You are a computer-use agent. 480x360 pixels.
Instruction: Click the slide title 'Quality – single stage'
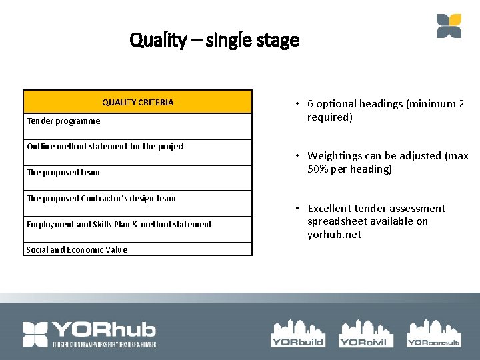coord(215,41)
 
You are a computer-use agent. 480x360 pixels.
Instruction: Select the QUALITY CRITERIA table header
coord(137,102)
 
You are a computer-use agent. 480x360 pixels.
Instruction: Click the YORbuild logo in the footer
coord(297,333)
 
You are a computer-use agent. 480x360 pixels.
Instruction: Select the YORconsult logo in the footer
coord(433,333)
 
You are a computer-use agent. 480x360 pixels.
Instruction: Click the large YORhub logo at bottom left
coord(89,334)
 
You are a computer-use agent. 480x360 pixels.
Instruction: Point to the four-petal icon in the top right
coord(449,26)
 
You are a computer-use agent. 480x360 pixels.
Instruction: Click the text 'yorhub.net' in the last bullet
coord(334,234)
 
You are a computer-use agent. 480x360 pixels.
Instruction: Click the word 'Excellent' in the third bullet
coord(331,209)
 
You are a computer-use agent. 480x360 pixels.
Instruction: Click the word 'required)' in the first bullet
coord(329,117)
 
